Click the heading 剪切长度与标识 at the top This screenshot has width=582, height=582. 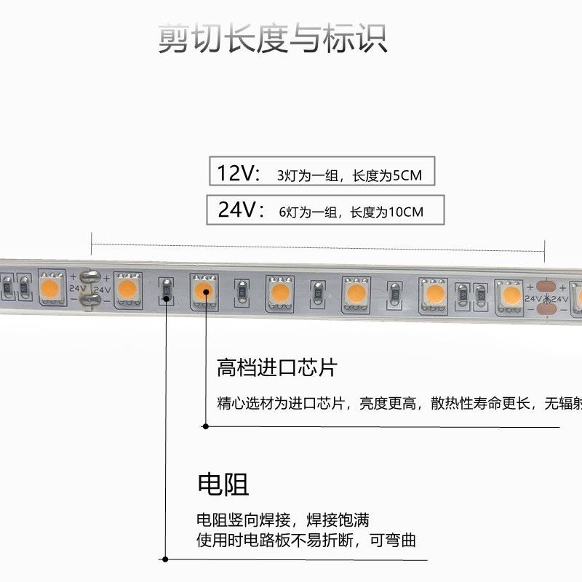[x=273, y=39]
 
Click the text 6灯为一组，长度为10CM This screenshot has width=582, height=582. [x=351, y=212]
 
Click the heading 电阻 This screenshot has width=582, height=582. [x=223, y=484]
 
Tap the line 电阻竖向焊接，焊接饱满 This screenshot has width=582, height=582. [x=283, y=520]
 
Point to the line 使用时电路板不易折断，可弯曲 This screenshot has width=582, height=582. [x=306, y=541]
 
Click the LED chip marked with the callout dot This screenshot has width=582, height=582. [x=204, y=291]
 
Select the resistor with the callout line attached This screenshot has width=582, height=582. [x=166, y=292]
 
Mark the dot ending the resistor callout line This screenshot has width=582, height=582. [x=166, y=559]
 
